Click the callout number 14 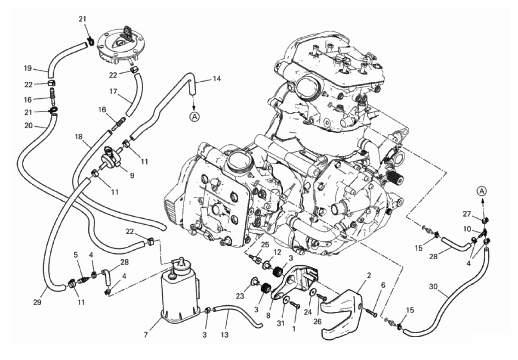click(x=217, y=79)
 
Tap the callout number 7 click(x=146, y=335)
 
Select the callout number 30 click(x=433, y=287)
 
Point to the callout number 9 click(x=132, y=176)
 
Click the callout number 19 click(x=28, y=68)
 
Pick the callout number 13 click(x=225, y=335)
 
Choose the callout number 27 click(x=467, y=214)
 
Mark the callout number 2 click(x=369, y=275)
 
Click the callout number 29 click(x=37, y=302)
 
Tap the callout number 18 click(x=79, y=137)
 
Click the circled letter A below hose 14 click(x=194, y=117)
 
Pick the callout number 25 click(x=265, y=245)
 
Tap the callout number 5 click(x=76, y=255)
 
